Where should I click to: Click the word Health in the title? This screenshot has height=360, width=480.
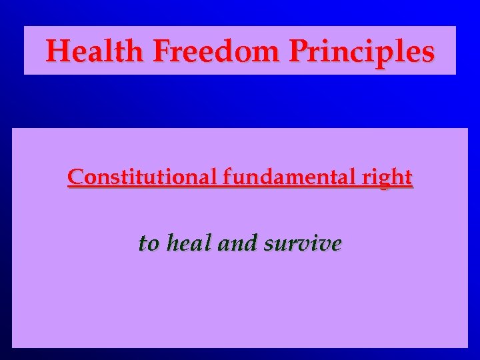[x=95, y=51]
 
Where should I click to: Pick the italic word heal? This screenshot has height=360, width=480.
[x=189, y=243]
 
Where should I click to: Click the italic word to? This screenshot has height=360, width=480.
[x=148, y=244]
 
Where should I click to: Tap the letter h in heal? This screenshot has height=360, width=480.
[x=172, y=243]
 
